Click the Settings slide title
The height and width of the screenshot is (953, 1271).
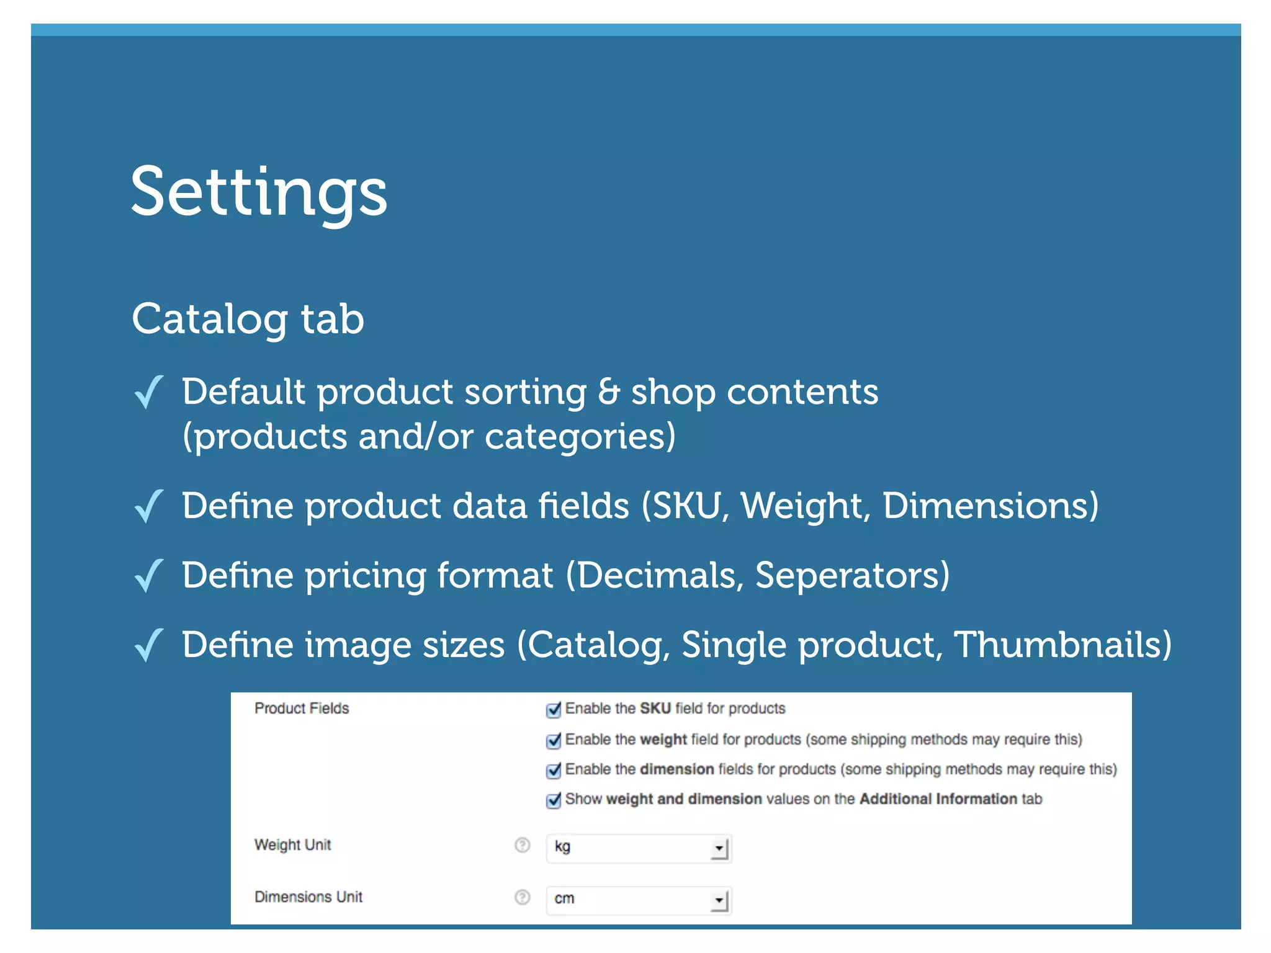point(259,192)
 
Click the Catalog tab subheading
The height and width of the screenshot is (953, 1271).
point(248,319)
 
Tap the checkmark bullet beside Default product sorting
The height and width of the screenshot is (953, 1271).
point(149,392)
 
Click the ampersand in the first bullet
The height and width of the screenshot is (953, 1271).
point(609,392)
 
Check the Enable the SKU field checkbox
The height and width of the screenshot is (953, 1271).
point(554,709)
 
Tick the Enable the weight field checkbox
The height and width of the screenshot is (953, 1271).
point(554,740)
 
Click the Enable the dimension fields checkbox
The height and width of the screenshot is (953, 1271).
point(554,770)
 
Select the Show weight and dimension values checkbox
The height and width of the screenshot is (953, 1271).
point(554,800)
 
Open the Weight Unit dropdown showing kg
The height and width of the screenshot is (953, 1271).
point(639,848)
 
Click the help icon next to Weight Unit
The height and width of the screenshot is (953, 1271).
point(523,845)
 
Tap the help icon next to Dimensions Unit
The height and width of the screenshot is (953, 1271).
point(523,897)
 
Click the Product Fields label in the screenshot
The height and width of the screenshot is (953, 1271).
point(302,709)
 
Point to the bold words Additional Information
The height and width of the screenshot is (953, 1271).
point(938,799)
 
